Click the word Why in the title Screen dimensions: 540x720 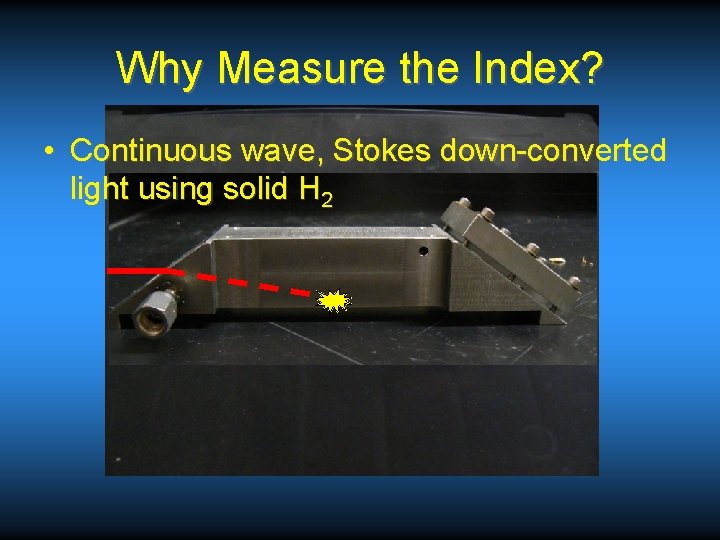(x=160, y=69)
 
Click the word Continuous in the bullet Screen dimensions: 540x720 (x=148, y=151)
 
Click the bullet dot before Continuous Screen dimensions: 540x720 (x=48, y=152)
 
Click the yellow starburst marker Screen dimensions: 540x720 (x=332, y=300)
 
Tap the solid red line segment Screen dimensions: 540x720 (x=144, y=270)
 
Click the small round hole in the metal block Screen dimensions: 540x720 (x=423, y=251)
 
